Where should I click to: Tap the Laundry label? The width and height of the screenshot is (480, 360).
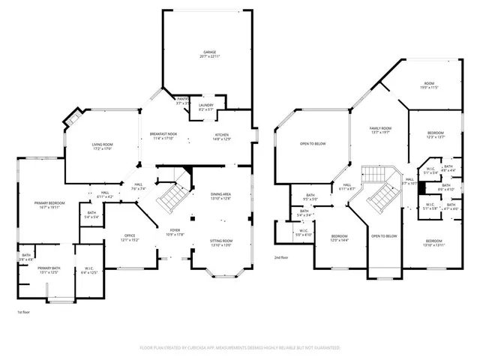click(206, 107)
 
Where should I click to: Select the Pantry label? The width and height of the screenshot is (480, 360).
click(182, 101)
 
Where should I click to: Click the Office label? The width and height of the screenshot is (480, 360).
click(129, 238)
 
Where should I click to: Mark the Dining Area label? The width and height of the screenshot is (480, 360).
click(220, 196)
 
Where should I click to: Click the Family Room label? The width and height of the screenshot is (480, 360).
click(381, 130)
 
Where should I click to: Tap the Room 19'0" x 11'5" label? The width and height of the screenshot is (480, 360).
click(429, 85)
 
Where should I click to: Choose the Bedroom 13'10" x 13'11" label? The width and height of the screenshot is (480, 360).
click(434, 242)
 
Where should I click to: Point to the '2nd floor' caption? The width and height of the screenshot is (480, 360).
click(283, 256)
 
